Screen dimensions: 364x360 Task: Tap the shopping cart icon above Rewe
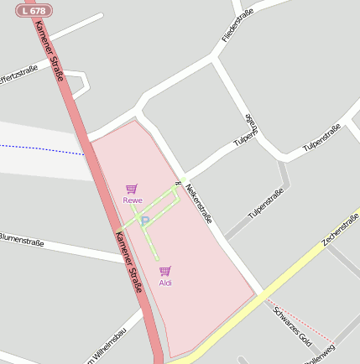tap(131, 190)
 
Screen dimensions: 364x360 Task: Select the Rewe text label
tap(132, 200)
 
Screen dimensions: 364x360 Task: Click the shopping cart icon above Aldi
tap(164, 272)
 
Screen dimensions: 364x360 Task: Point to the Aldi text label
tap(165, 283)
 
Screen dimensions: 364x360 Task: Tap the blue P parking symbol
tap(144, 221)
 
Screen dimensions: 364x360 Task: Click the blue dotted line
tap(42, 149)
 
